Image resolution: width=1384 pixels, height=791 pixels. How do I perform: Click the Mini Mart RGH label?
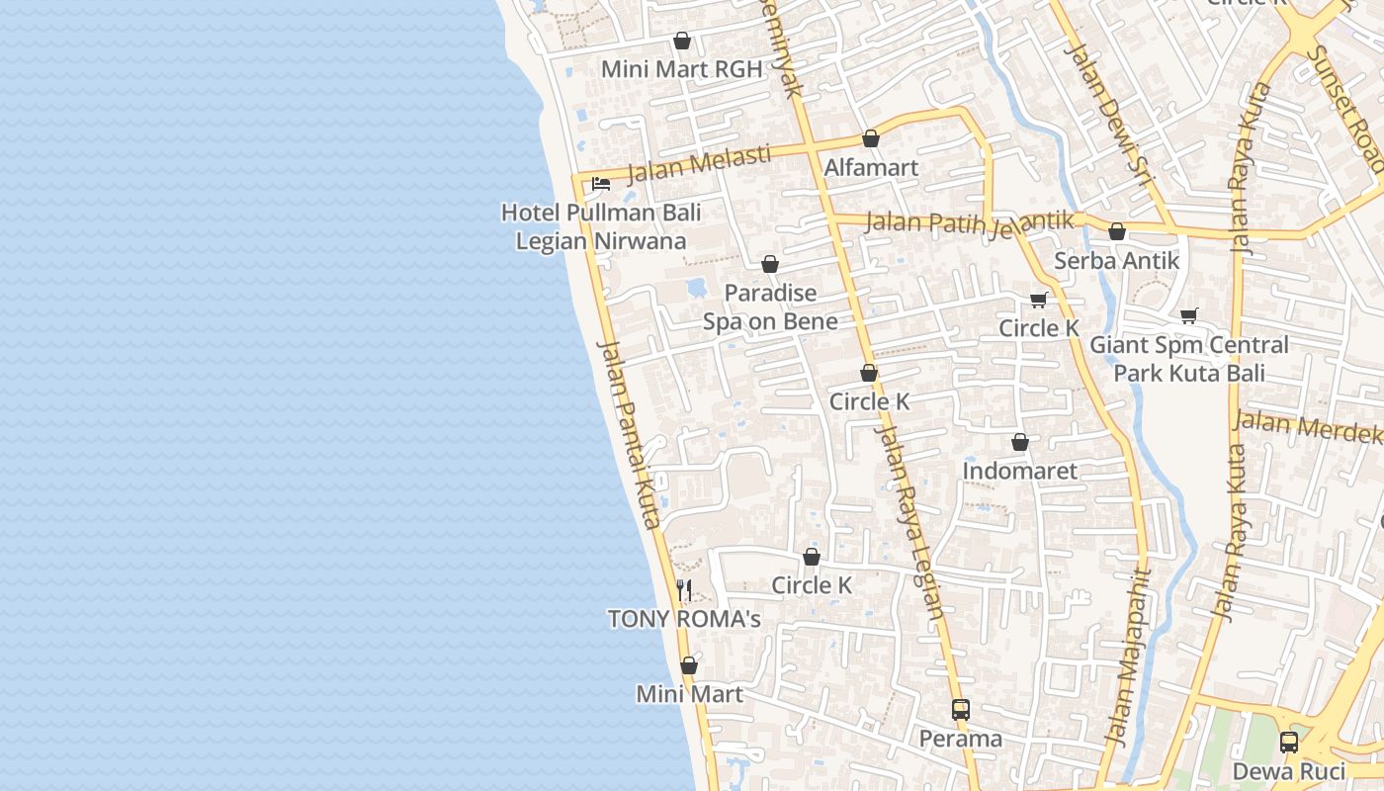click(682, 69)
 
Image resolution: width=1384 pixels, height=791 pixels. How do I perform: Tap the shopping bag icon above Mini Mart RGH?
click(681, 41)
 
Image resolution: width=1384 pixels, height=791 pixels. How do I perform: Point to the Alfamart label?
click(871, 167)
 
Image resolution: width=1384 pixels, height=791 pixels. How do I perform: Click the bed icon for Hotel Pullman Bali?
click(600, 183)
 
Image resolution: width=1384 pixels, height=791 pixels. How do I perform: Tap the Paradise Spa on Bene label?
click(770, 307)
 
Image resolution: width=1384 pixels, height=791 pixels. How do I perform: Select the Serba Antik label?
click(1117, 260)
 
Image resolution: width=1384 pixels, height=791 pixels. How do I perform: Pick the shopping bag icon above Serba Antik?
click(1117, 231)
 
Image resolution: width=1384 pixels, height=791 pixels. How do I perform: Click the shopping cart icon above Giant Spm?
click(1189, 315)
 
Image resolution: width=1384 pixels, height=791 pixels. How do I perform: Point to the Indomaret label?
click(1020, 471)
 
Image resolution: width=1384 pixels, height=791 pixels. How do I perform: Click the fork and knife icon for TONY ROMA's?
click(684, 590)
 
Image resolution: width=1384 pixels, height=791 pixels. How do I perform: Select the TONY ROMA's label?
click(684, 619)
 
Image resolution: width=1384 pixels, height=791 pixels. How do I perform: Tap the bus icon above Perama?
click(961, 709)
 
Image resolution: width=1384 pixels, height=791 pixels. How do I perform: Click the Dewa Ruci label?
click(1289, 771)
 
